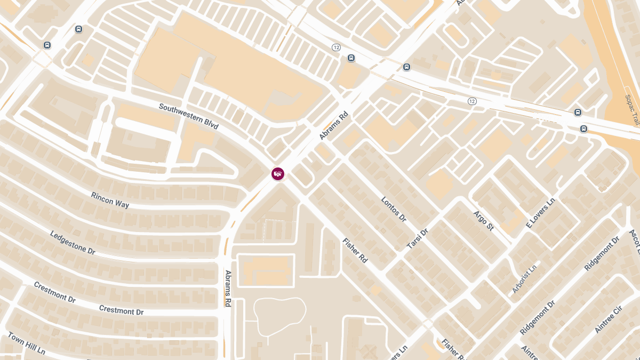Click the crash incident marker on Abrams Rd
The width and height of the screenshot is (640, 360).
coord(277,173)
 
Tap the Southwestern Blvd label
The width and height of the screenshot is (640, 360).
coord(188,116)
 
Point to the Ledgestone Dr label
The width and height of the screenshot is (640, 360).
coord(73,242)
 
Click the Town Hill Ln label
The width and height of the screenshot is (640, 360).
coord(26,344)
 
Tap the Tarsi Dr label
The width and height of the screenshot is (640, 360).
coord(418,239)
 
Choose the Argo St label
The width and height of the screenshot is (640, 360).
coord(483,220)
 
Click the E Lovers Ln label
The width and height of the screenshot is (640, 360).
coord(540,213)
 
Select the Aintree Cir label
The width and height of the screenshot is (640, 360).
coord(609,319)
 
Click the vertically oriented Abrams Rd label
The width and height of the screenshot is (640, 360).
coord(228,288)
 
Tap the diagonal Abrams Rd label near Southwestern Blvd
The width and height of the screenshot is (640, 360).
coord(333,125)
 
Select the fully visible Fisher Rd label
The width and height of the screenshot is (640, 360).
coord(355,250)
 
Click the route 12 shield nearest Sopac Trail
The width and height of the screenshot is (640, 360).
coord(471,101)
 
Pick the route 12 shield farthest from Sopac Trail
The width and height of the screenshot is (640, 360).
coord(336,47)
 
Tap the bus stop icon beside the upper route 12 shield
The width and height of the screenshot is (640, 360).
coord(351,58)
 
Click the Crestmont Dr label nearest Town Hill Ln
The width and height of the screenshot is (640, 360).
coord(54,292)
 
